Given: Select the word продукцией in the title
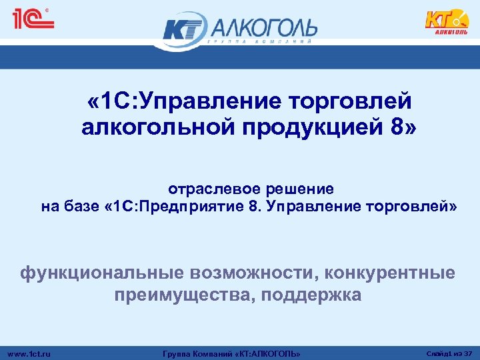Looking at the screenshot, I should tap(314, 127).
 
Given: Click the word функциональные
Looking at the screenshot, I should tap(103, 273).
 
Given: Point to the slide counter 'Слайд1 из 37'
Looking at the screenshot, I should tap(447, 353).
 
